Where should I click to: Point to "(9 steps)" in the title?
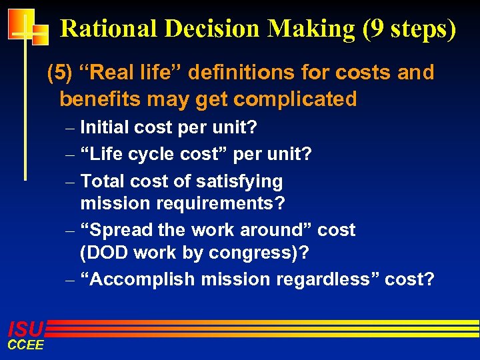click(408, 29)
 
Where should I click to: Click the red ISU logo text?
click(25, 329)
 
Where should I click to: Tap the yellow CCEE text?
click(25, 345)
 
